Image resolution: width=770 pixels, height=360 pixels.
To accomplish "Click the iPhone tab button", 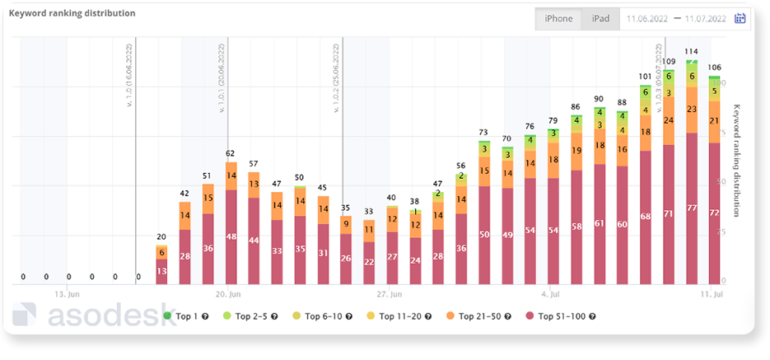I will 558,19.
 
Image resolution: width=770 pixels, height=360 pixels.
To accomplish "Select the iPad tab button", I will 600,19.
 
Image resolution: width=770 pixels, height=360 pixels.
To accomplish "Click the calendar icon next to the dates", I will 740,19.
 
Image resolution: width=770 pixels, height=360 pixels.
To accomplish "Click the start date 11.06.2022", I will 648,19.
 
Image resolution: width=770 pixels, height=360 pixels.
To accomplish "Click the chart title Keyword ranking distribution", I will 72,14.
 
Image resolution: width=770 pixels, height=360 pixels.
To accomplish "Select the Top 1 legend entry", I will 185,316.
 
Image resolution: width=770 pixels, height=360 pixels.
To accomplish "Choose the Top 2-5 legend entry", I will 256,316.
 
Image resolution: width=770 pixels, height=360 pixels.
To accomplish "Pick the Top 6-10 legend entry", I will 328,316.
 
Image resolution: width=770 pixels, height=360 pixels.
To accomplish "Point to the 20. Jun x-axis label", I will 228,293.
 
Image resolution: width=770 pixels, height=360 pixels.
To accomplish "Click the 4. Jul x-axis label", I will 552,293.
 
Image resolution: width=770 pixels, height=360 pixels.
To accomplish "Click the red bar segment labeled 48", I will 231,237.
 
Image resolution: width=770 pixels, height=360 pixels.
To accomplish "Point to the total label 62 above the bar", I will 231,153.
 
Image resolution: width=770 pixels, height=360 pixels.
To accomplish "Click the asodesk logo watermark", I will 95,316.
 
